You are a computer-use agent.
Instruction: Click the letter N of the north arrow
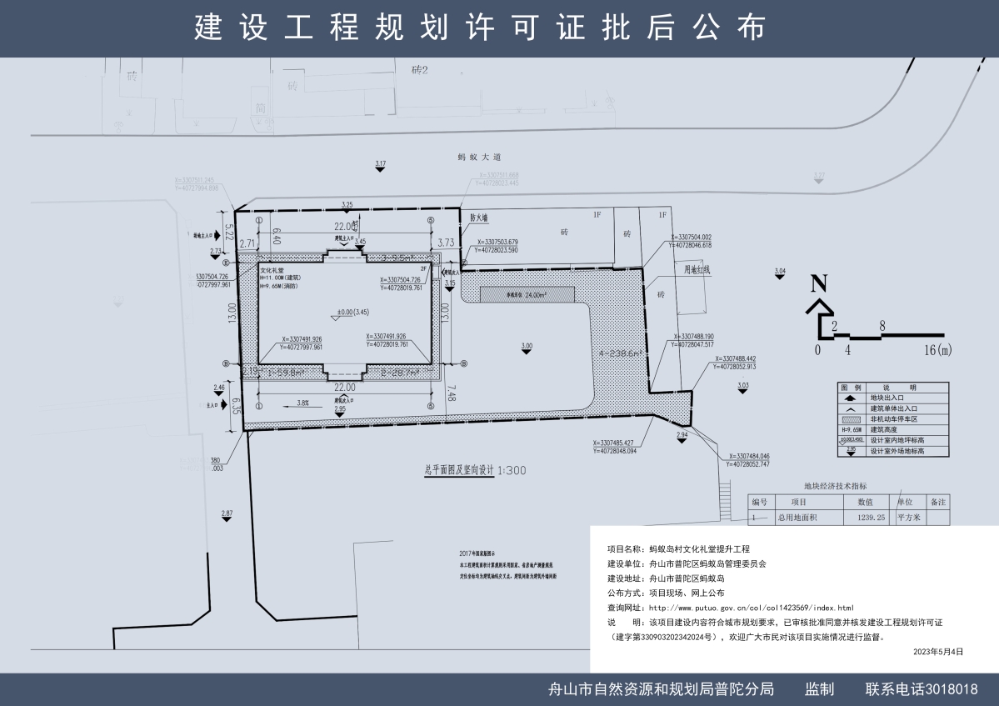pyautogui.click(x=819, y=283)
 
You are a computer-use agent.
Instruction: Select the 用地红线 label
pyautogui.click(x=697, y=269)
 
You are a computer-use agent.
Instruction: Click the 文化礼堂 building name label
pyautogui.click(x=272, y=270)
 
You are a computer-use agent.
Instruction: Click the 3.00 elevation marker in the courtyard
pyautogui.click(x=526, y=346)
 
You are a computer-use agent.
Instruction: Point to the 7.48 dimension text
pyautogui.click(x=450, y=393)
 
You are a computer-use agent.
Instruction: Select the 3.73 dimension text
pyautogui.click(x=445, y=243)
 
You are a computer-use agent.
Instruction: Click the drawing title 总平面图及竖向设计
pyautogui.click(x=458, y=470)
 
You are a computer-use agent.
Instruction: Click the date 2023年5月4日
pyautogui.click(x=937, y=651)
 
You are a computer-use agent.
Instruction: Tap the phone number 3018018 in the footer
pyautogui.click(x=947, y=689)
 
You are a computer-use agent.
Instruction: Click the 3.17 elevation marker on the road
pyautogui.click(x=381, y=164)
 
